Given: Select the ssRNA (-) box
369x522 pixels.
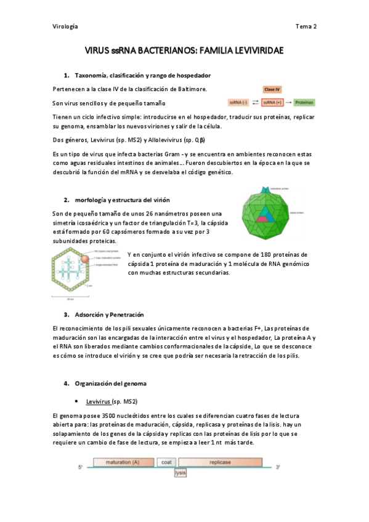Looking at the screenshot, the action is (x=238, y=102).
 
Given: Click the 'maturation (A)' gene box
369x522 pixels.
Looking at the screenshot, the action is (x=121, y=462).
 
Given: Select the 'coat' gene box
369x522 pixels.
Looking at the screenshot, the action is (x=166, y=462).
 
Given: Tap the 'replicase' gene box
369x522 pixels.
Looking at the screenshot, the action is (x=220, y=462).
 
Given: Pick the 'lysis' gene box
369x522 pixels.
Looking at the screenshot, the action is (x=180, y=473).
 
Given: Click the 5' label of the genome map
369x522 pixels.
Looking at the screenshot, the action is (x=80, y=468).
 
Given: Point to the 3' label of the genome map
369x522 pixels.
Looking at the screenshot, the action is (x=278, y=468).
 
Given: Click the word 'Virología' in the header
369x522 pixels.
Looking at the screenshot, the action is (x=65, y=26).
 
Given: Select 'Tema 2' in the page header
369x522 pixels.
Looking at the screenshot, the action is (x=306, y=26).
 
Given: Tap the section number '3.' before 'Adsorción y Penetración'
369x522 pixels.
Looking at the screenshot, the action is (x=67, y=314).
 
